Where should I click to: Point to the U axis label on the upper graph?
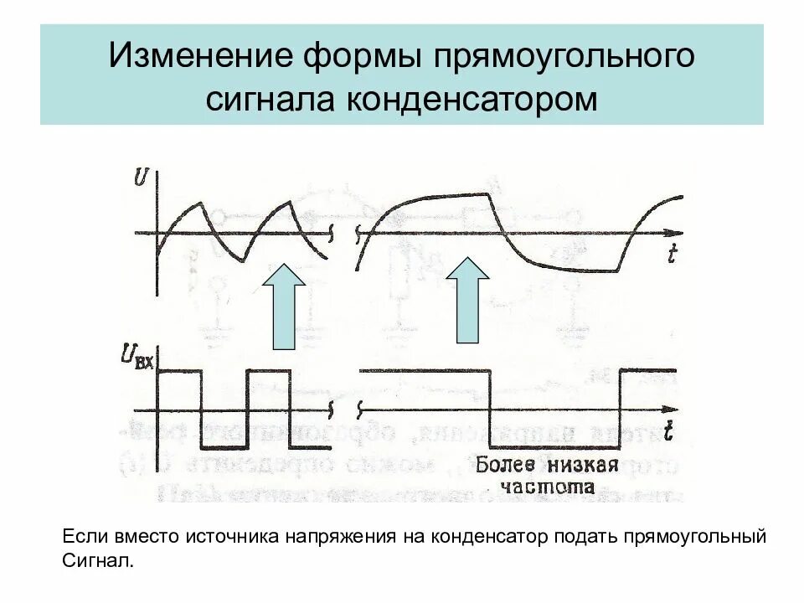pos(142,178)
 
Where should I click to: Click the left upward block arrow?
pos(285,307)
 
